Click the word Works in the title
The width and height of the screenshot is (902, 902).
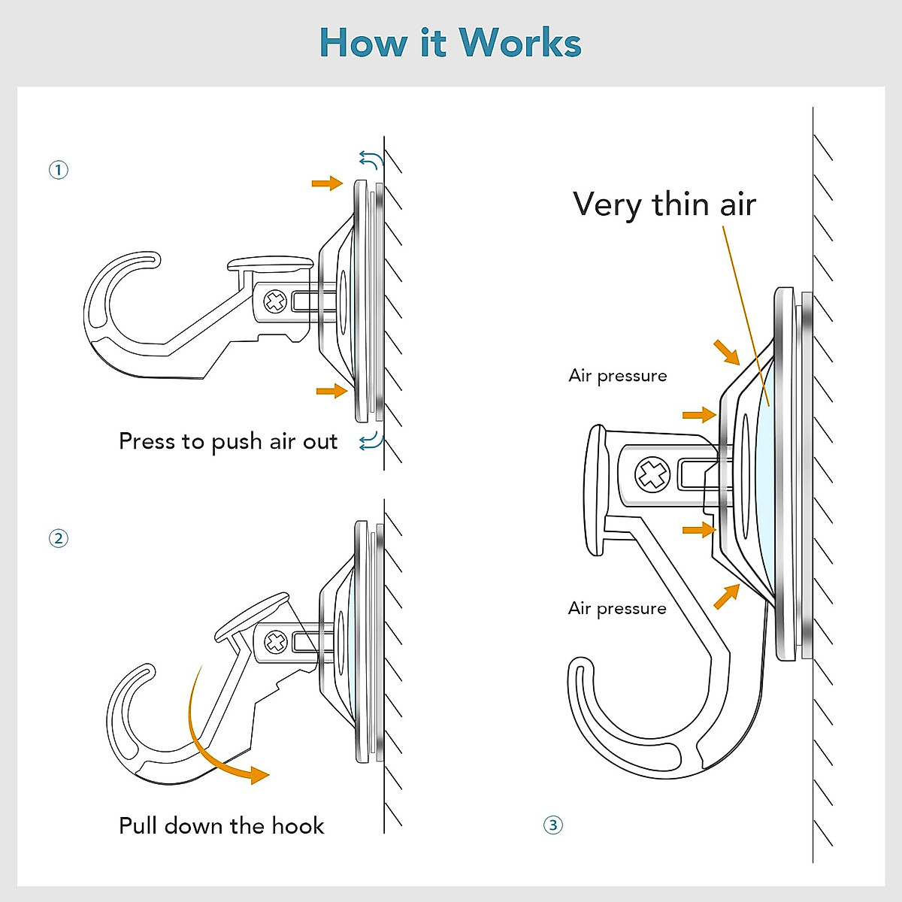coord(520,43)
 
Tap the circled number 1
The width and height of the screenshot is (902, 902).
coord(59,170)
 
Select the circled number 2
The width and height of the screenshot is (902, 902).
coord(59,538)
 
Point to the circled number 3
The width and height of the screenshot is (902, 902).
coord(553,825)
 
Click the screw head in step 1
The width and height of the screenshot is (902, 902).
coord(276,302)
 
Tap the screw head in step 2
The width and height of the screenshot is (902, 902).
coord(276,642)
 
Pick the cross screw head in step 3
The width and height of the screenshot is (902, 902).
coord(652,474)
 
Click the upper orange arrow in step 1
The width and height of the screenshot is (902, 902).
coord(327,183)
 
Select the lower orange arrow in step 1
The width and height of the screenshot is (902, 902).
coord(331,390)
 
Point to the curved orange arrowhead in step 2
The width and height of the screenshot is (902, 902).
coord(257,774)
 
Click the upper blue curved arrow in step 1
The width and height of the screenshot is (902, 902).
coord(371,159)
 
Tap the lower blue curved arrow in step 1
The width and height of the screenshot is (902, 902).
coord(371,441)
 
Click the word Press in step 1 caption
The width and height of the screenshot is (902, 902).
coord(147,441)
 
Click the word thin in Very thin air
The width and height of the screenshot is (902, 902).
coord(681,204)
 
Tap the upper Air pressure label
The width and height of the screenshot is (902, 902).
coord(618,376)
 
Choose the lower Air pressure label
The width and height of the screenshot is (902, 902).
coord(617,608)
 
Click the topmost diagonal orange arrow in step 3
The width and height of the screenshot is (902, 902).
coord(726,352)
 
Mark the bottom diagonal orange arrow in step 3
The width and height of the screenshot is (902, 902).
coord(726,596)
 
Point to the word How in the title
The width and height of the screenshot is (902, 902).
coord(364,43)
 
